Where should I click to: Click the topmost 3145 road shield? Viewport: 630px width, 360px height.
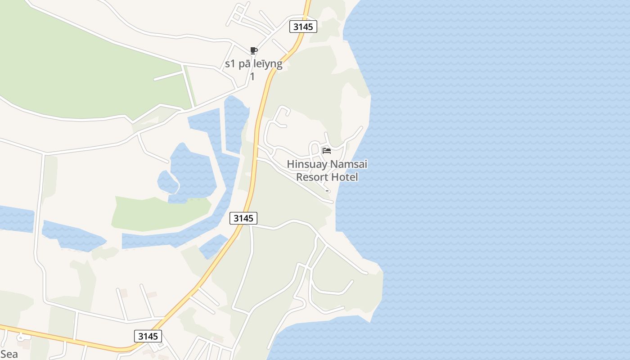point(303,27)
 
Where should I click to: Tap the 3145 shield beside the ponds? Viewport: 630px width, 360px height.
point(243,218)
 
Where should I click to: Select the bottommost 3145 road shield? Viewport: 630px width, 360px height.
point(148,336)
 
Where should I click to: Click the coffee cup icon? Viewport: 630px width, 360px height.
point(253,50)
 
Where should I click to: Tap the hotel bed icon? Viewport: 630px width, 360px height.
point(327,150)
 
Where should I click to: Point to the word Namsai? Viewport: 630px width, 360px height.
point(349,164)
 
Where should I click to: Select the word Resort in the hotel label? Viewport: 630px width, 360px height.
point(311,177)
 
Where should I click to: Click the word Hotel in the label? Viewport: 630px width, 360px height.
point(344,177)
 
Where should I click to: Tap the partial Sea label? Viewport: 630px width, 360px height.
point(9,354)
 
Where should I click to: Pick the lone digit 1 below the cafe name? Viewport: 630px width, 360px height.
point(252,76)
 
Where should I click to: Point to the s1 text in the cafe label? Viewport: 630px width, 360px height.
point(230,64)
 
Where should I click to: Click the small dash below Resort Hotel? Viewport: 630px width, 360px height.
point(327,191)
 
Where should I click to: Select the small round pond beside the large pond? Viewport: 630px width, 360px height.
point(166,181)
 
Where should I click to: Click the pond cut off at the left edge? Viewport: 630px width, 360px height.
point(16,219)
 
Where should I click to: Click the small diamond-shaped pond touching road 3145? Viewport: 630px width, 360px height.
point(212,246)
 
